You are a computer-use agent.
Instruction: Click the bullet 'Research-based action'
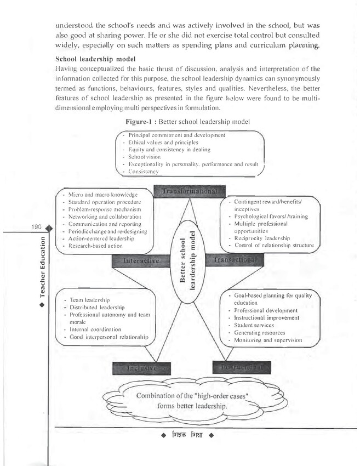94,247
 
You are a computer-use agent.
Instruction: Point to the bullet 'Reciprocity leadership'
261,238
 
